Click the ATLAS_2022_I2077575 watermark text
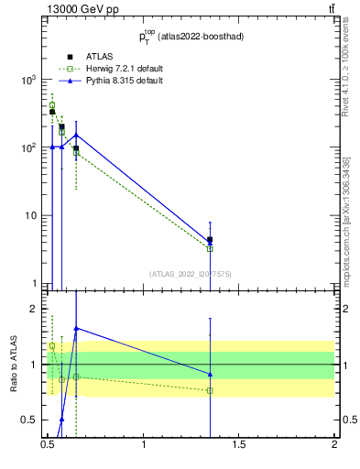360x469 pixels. click(x=190, y=273)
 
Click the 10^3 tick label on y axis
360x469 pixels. click(x=28, y=80)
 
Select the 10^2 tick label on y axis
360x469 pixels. click(x=28, y=147)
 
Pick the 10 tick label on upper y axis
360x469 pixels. click(x=32, y=215)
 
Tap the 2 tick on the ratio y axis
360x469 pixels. click(x=36, y=309)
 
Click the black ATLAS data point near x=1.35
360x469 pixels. click(x=210, y=240)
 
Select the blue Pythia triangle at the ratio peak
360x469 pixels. click(x=76, y=328)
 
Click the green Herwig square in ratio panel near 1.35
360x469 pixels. click(x=210, y=390)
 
